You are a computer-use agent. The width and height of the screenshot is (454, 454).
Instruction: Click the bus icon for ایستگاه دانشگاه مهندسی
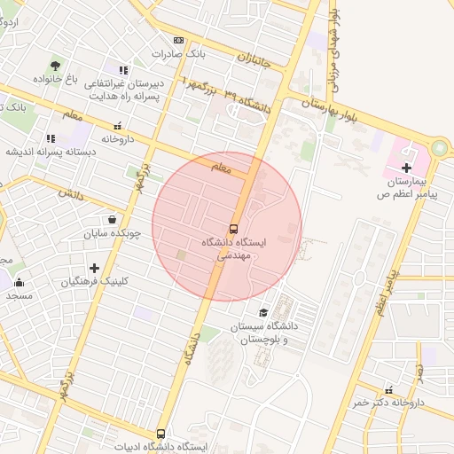(x=233, y=227)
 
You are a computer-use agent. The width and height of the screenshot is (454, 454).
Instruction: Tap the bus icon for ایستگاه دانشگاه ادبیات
(x=160, y=434)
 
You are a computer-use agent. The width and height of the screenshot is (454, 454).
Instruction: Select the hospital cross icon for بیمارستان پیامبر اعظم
(x=406, y=168)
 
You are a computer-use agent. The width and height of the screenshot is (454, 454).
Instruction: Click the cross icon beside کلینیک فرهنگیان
(x=94, y=268)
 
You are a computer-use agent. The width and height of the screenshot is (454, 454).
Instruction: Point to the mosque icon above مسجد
(x=19, y=284)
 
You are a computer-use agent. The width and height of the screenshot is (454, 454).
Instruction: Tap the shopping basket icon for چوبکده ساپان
(x=112, y=220)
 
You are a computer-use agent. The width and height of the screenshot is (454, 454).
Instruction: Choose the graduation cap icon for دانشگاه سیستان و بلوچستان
(x=263, y=313)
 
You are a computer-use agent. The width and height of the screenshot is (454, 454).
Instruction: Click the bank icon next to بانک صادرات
(x=179, y=41)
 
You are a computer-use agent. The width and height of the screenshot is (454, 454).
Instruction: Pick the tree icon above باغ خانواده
(x=56, y=66)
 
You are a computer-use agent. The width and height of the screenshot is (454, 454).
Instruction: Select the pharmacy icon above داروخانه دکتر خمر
(x=387, y=389)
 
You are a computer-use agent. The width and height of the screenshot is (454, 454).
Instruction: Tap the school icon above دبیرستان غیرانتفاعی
(x=124, y=70)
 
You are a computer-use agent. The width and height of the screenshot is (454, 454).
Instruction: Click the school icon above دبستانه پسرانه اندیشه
(x=51, y=138)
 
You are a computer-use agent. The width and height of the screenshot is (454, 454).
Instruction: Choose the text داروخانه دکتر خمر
(x=388, y=403)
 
